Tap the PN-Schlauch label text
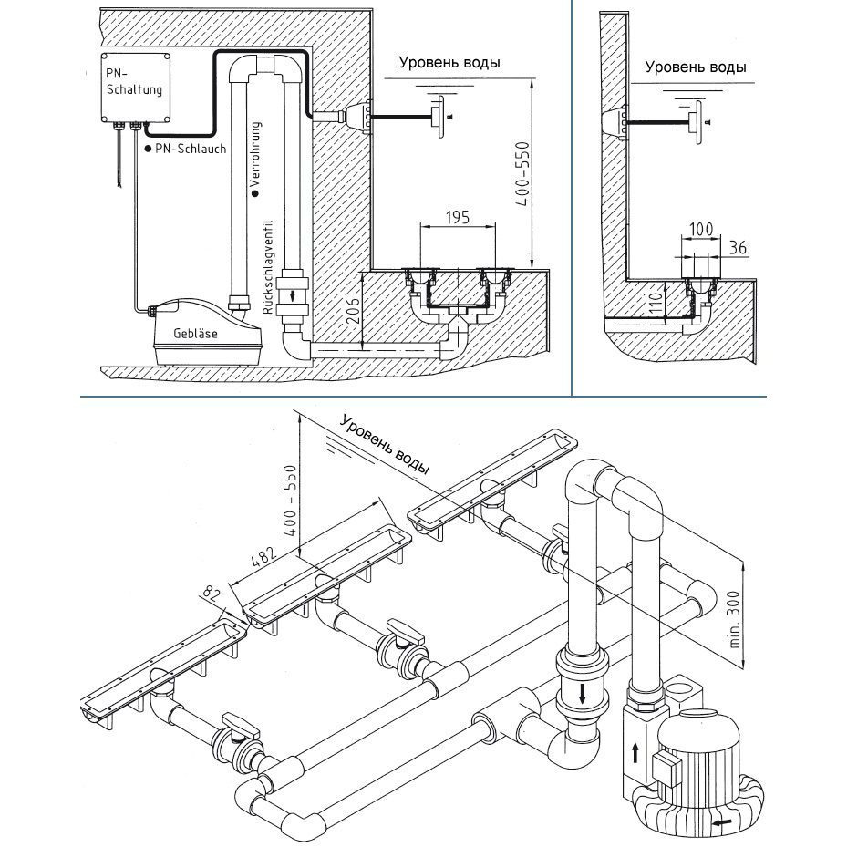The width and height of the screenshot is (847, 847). [x=190, y=148]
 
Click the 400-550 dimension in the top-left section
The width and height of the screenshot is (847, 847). [x=520, y=175]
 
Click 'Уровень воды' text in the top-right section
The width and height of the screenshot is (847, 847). [x=695, y=67]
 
